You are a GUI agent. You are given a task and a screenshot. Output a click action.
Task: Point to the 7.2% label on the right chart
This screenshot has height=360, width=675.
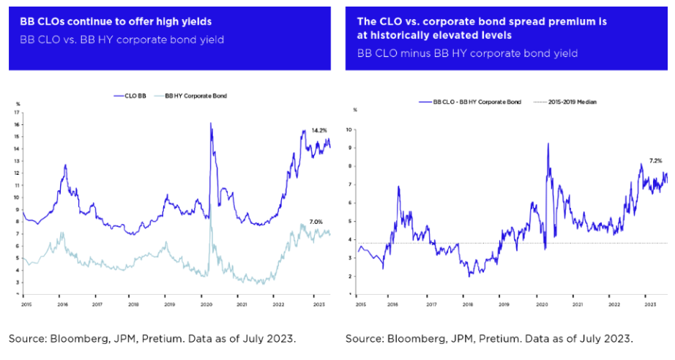tap(655, 160)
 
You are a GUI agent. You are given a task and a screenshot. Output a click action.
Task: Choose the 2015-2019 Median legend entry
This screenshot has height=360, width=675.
tap(575, 102)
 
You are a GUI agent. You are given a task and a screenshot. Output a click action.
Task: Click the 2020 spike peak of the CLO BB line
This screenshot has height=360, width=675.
tap(211, 124)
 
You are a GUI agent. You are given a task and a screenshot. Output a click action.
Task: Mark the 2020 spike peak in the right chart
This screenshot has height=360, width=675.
tap(548, 144)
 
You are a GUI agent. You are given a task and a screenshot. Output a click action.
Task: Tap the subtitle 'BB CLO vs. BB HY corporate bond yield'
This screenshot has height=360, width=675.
tap(122, 39)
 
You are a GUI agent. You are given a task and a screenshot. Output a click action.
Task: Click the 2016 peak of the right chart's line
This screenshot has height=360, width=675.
tap(399, 187)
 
